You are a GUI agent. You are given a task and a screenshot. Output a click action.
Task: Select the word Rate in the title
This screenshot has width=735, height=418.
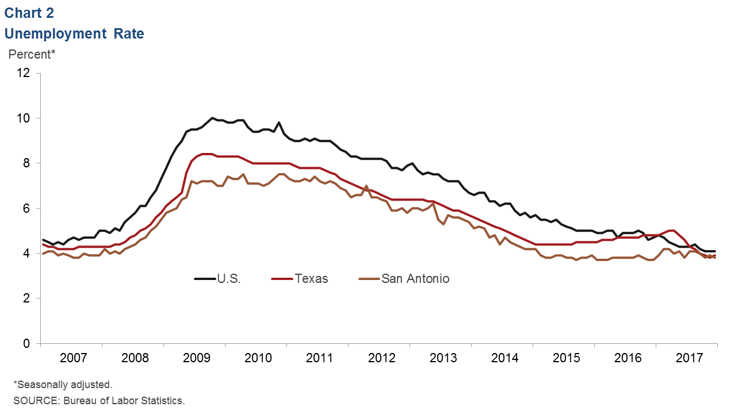[x=129, y=34]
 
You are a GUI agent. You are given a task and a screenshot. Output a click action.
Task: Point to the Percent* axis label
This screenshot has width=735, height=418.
[x=31, y=55]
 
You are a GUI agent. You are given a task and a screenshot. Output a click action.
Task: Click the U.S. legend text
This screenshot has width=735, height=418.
[x=229, y=279]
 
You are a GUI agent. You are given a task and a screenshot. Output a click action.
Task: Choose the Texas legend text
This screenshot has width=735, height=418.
[x=311, y=279]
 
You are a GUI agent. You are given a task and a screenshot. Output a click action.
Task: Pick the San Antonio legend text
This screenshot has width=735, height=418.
[x=415, y=279]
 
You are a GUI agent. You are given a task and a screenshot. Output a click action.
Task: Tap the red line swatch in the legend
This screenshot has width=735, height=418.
[x=282, y=279]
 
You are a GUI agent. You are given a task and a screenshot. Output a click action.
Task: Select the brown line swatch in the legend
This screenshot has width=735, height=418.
[x=369, y=279]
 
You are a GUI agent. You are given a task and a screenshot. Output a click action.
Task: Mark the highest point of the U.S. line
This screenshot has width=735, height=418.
[x=212, y=118]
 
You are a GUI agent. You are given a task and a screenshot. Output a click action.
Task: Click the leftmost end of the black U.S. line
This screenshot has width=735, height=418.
[x=43, y=240]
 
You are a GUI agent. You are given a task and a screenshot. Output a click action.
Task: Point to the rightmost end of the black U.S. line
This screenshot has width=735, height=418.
[x=715, y=251]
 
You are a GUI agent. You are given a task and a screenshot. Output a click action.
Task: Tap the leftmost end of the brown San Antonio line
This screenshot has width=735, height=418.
[x=43, y=254]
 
